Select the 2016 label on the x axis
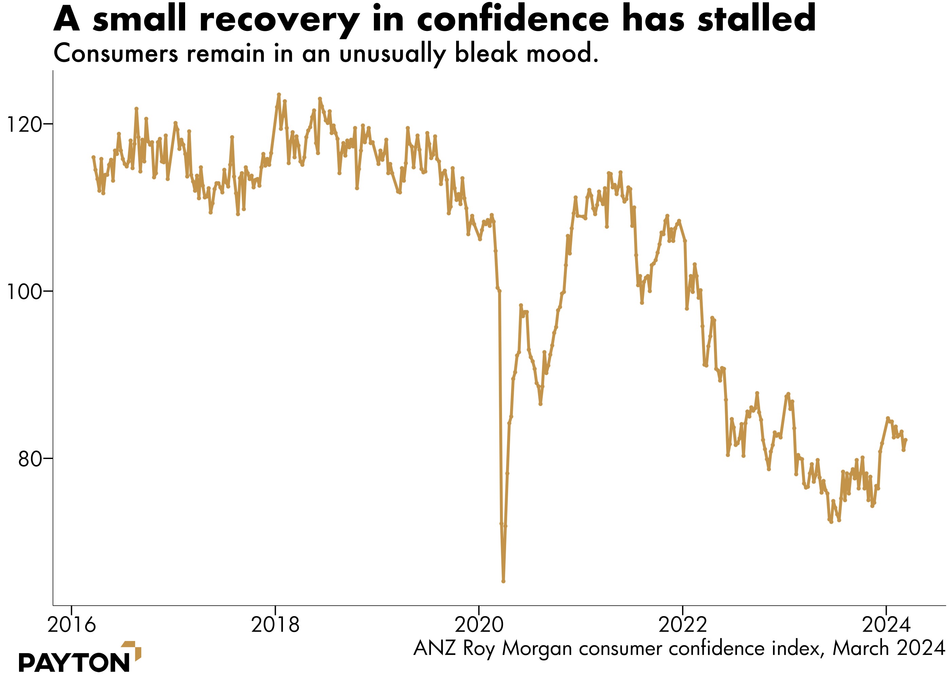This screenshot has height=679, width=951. (72, 625)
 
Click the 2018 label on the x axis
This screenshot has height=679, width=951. (275, 625)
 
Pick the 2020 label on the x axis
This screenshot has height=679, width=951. (479, 625)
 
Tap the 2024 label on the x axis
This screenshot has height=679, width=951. (886, 625)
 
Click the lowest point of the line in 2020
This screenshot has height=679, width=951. (503, 581)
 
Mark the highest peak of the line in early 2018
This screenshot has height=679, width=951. (279, 94)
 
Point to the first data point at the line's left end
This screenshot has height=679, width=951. (93, 157)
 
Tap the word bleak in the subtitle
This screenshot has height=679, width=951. (486, 54)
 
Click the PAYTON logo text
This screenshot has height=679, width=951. (74, 663)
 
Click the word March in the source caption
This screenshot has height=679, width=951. (861, 648)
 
